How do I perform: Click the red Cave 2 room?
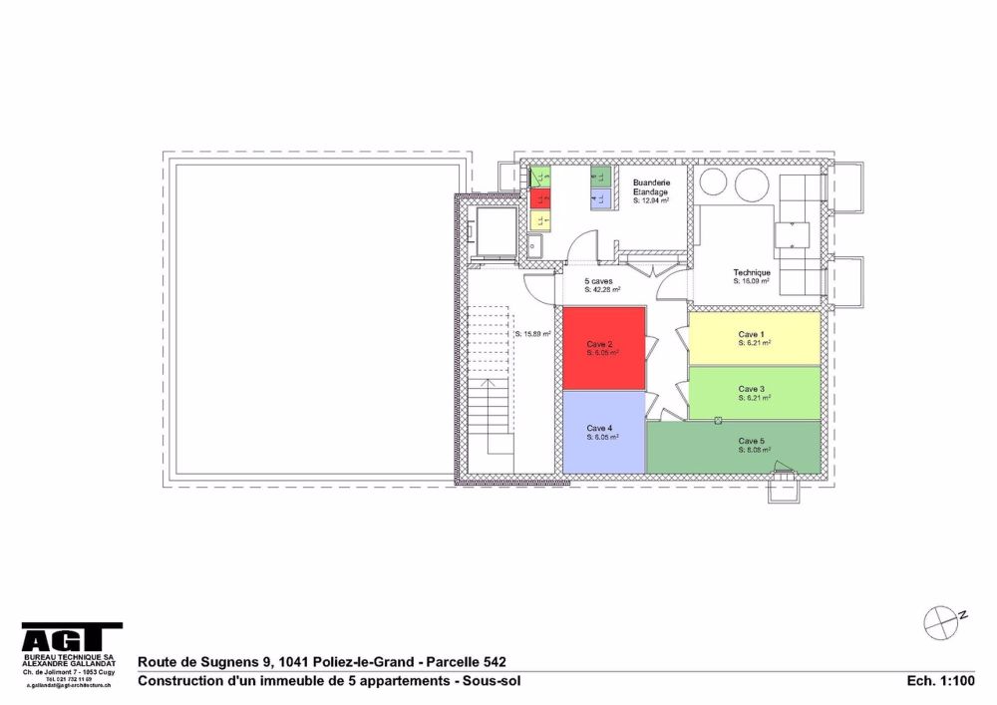tap(603, 349)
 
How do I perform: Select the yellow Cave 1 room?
tap(755, 339)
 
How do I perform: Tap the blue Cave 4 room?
tap(603, 433)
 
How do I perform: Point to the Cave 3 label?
tap(751, 389)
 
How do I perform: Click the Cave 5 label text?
tap(751, 441)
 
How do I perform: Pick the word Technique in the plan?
tap(751, 272)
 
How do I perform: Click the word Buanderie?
tap(650, 182)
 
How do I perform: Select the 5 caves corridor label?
tap(599, 282)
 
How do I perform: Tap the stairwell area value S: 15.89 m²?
tap(533, 334)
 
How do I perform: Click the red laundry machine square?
tap(540, 196)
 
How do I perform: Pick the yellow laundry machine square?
tap(540, 215)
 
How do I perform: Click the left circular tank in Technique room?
tap(714, 183)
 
